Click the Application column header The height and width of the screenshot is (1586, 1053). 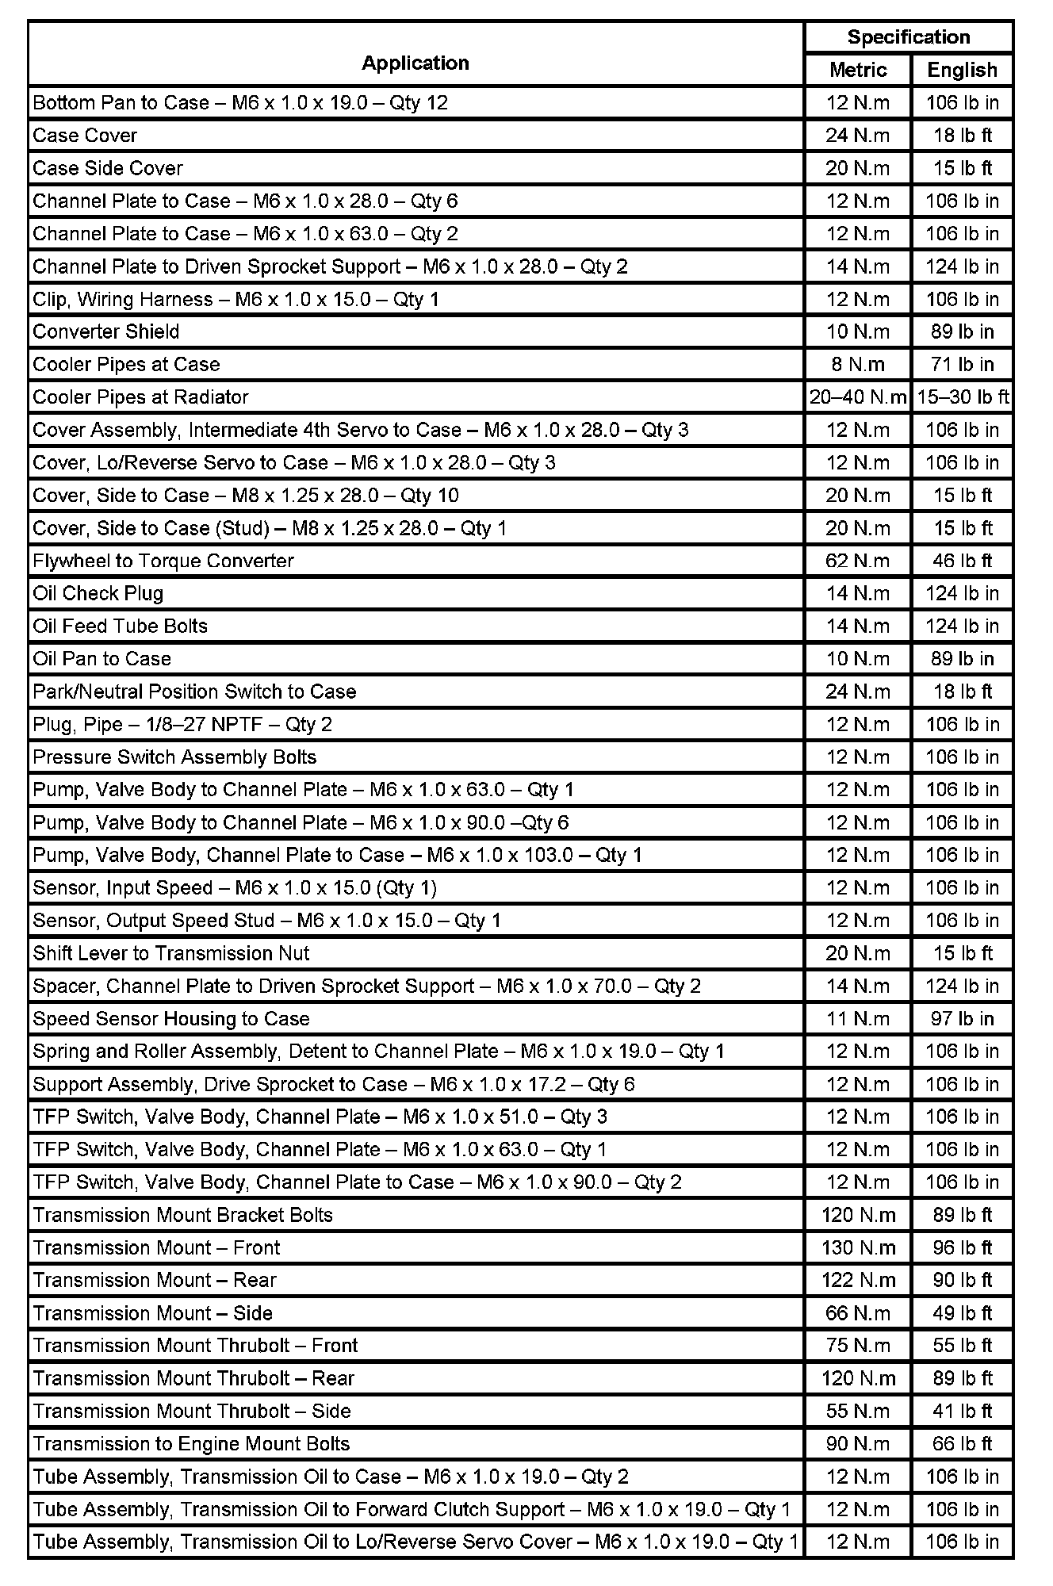coord(415,63)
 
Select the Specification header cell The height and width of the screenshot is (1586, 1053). coord(908,37)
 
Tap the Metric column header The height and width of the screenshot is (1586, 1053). coord(858,70)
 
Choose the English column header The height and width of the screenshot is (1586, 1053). coord(962,70)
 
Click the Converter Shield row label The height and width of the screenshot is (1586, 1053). coord(106,331)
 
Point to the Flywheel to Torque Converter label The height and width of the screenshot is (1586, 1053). coord(163,561)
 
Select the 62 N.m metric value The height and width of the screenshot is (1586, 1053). coord(858,561)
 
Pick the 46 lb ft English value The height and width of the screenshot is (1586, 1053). coord(962,561)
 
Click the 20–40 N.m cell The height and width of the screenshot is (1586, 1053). coord(858,397)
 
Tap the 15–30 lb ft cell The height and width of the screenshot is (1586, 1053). coord(963,397)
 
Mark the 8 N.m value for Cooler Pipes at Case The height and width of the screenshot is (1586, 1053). coord(858,365)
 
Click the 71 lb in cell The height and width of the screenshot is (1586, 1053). coord(962,365)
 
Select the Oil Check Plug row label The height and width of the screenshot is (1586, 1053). coord(98,593)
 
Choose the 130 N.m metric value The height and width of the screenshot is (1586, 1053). coord(858,1247)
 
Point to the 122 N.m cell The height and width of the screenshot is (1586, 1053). coord(858,1280)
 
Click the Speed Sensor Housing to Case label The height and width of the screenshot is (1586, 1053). coord(171,1018)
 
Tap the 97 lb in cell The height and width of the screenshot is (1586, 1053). coord(962,1018)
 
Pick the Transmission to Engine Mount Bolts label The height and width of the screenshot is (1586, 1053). coord(191,1443)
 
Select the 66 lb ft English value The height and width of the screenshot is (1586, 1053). coord(962,1443)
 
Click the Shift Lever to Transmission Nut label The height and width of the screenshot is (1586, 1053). coord(171,953)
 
